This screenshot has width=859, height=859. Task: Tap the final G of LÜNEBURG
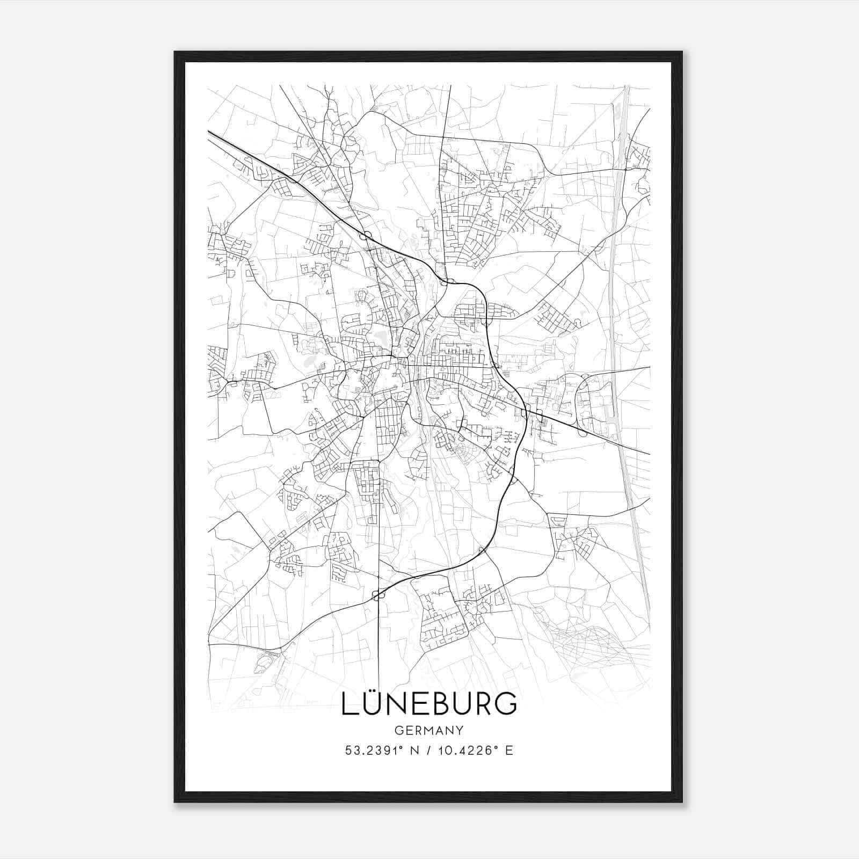tap(505, 704)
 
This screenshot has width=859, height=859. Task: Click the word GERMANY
tap(429, 730)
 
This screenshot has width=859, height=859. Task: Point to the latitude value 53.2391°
tap(374, 750)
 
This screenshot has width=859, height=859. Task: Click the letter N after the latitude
tap(413, 750)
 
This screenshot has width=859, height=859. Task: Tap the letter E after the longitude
tap(509, 750)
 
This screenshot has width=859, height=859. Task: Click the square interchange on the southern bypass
tap(379, 594)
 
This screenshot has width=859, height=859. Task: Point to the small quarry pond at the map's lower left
tap(263, 663)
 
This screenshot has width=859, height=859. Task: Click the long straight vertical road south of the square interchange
tap(379, 644)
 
